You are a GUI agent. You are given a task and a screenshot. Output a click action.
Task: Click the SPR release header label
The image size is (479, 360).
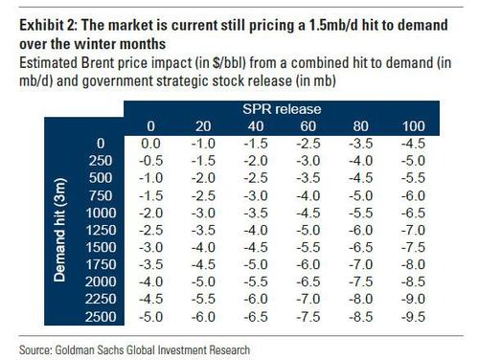[282, 109]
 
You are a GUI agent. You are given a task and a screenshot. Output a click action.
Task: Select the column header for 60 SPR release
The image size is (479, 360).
[308, 126]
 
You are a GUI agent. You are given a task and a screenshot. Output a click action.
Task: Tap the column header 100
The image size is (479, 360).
[413, 126]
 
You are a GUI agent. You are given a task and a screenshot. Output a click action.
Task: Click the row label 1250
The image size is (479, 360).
[101, 230]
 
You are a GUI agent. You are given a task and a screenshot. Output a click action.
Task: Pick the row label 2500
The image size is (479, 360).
[101, 317]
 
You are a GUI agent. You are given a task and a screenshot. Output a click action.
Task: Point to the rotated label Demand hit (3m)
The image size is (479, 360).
[59, 230]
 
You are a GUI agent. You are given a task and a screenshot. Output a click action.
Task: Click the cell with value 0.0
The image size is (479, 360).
[150, 144]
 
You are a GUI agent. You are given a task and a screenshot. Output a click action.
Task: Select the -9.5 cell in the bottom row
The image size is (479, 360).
[413, 317]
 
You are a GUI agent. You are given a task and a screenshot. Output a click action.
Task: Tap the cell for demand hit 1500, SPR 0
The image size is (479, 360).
[150, 247]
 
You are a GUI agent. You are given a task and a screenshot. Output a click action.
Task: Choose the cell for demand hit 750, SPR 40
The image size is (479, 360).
[256, 195]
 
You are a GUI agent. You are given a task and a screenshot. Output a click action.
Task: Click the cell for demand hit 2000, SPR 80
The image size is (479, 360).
[360, 281]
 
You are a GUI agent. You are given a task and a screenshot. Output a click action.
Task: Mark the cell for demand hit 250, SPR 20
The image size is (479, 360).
[203, 161]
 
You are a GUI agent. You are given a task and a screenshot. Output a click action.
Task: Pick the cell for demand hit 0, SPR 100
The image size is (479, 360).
[413, 144]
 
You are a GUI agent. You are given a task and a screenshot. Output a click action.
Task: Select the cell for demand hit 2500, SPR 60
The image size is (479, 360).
[308, 317]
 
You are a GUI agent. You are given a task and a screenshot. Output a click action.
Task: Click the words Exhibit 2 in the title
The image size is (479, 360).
[48, 25]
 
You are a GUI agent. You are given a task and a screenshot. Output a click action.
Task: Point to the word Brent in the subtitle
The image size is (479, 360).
[98, 62]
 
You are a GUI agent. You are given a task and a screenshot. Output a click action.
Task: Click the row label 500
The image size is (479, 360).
[101, 178]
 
